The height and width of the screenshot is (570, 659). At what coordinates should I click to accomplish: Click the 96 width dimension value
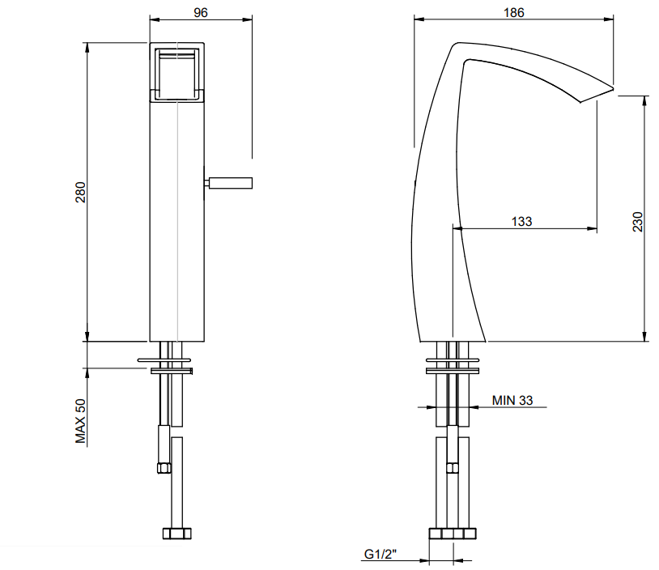point(201,13)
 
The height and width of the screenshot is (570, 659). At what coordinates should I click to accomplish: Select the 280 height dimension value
point(80,192)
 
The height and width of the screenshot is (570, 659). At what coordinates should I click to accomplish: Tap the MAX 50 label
point(80,421)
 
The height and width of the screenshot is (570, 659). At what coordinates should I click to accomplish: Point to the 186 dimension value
point(513,13)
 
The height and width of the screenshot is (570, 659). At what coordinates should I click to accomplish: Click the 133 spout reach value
point(521,221)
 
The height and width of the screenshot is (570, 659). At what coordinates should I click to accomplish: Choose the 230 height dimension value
point(638,222)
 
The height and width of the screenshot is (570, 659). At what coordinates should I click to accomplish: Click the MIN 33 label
point(512,400)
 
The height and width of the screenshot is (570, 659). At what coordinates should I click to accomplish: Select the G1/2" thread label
point(380,554)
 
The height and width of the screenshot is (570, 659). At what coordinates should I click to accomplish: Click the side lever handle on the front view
point(228,183)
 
